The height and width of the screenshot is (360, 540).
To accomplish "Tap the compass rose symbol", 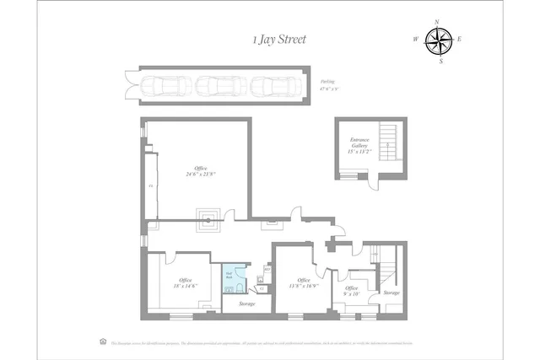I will point(438,40).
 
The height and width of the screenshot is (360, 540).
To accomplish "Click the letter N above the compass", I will point(438,22).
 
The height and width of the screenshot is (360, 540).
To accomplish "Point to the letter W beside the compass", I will point(416,40).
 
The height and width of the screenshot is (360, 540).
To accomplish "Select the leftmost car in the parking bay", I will point(166,84).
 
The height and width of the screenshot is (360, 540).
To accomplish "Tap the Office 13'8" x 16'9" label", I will point(303,284).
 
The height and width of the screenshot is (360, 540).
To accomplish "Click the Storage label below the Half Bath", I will point(246,304).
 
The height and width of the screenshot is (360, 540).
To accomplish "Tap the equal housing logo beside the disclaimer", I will point(103,341).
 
